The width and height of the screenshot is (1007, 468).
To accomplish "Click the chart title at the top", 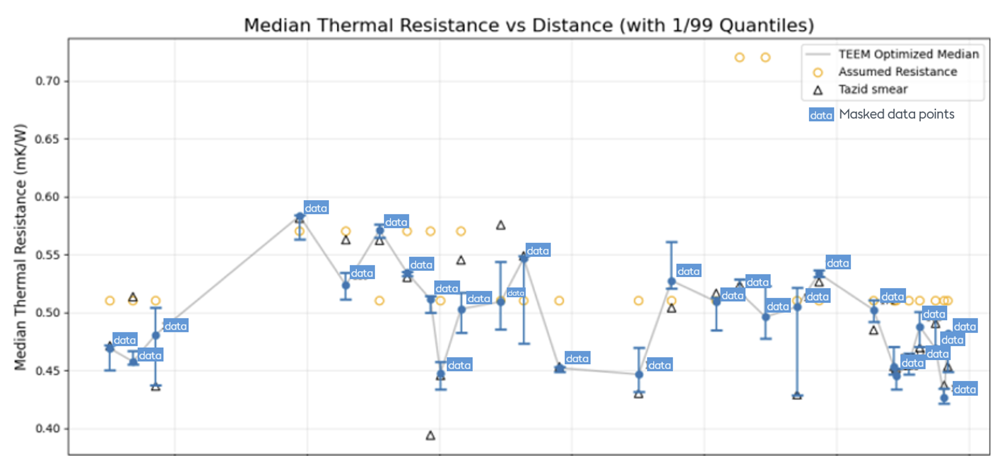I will click(x=529, y=25).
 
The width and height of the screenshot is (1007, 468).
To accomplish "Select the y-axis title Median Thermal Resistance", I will click(x=20, y=247).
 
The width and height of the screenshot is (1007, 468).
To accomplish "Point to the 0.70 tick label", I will click(x=47, y=81).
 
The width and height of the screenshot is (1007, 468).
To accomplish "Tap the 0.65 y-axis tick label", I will click(x=47, y=139).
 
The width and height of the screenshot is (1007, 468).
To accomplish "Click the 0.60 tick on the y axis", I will click(x=47, y=197).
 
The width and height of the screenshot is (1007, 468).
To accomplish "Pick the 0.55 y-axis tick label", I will click(x=47, y=255).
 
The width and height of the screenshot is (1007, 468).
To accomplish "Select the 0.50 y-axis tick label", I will click(x=47, y=313).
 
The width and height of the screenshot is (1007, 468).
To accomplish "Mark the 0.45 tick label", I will click(x=47, y=371).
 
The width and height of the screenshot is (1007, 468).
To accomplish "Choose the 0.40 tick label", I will click(x=47, y=428).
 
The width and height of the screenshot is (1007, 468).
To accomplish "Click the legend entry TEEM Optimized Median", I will click(x=908, y=54).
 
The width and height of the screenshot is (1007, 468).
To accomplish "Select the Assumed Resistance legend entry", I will click(x=897, y=72).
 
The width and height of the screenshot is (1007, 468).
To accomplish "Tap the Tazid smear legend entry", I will click(x=873, y=89).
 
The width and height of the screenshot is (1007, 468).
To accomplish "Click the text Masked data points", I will click(x=896, y=114).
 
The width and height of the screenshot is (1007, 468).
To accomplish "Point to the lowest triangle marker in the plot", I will click(x=430, y=436).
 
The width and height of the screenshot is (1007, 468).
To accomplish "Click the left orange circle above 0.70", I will click(x=739, y=58).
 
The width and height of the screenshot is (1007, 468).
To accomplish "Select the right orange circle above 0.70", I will click(x=765, y=58).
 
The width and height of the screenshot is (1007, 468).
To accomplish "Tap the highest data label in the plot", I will click(x=316, y=208).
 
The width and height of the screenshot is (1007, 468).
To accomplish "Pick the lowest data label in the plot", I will click(x=964, y=389).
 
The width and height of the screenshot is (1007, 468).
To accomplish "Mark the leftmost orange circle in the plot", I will click(x=110, y=301).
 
